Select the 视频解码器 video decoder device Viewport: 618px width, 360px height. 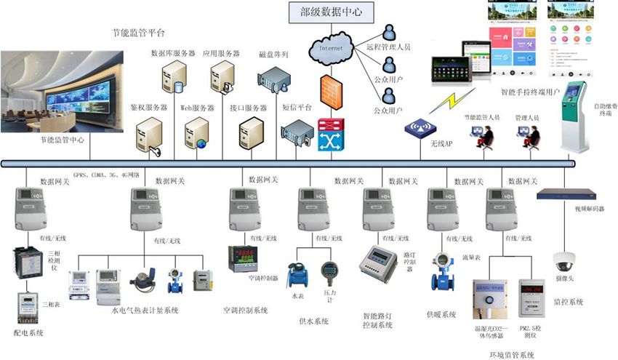(x=566, y=195)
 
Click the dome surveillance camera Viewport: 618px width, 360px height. (x=565, y=260)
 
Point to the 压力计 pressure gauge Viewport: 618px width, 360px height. (x=329, y=273)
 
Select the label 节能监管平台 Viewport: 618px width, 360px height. (x=138, y=33)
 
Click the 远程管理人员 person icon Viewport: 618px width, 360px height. (x=390, y=32)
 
